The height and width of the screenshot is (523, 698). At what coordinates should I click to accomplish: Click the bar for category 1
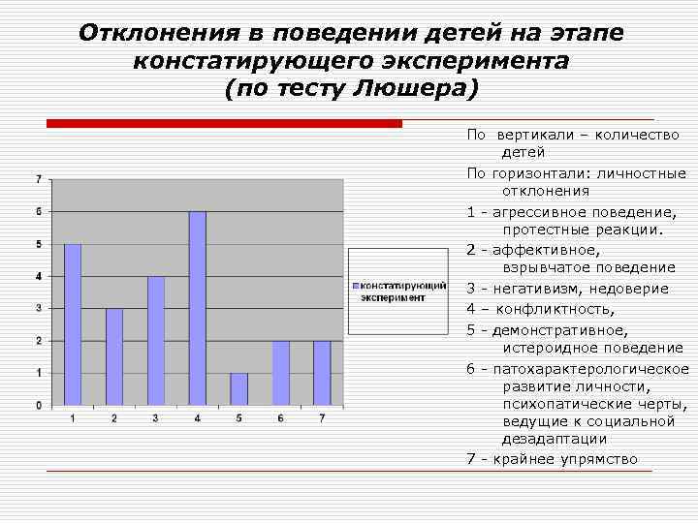pos(73,324)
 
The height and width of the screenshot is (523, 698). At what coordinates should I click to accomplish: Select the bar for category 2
pos(114,356)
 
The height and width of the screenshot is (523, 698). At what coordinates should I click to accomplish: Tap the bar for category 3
pos(156,340)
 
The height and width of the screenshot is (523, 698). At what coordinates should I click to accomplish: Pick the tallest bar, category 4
pos(198,308)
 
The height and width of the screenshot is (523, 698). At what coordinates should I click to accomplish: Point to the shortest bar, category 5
pos(239,388)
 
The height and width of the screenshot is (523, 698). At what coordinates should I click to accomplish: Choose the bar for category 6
pos(281,373)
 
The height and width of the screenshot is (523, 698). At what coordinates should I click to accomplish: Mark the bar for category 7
pos(322,373)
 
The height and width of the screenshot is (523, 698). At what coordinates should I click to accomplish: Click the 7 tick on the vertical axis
pos(38,179)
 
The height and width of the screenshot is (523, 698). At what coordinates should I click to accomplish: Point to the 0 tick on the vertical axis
pos(38,405)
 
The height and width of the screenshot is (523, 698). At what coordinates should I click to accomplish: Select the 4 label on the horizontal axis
pos(198,417)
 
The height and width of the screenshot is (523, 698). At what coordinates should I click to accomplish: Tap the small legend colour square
pos(357,287)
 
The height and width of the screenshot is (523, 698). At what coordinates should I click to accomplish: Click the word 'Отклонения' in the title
pos(151,33)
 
